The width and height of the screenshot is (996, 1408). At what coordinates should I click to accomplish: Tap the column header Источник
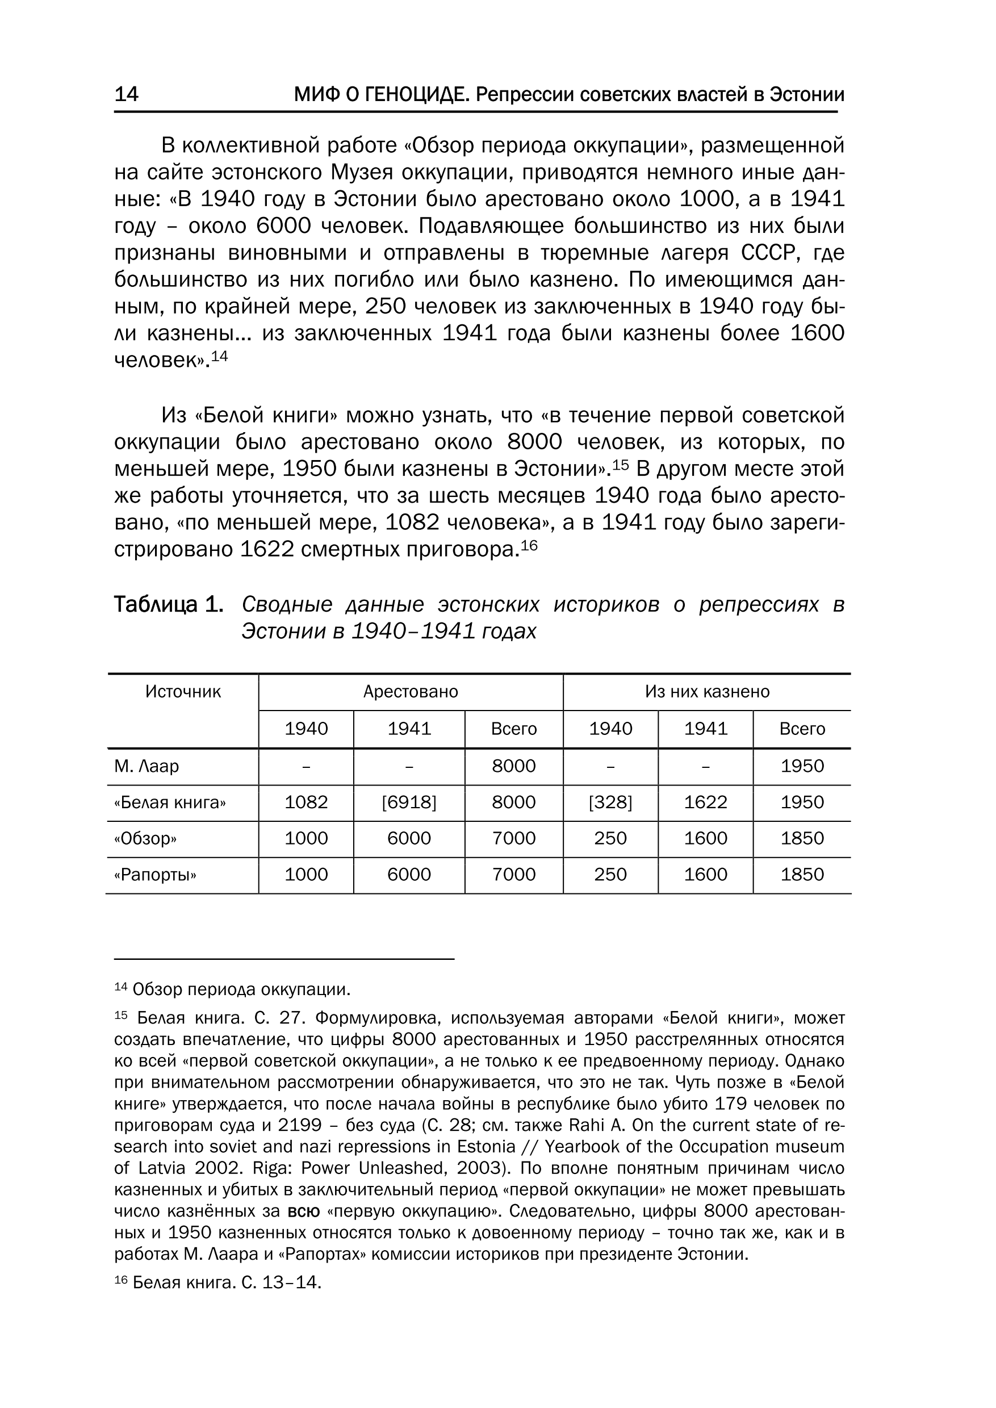point(183,692)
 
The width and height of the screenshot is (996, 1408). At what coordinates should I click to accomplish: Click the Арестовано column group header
point(411,692)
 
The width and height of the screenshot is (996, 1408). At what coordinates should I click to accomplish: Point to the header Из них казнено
point(706,692)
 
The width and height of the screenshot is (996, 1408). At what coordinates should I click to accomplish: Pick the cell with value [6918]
point(409,803)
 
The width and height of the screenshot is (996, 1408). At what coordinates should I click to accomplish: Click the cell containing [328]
point(610,803)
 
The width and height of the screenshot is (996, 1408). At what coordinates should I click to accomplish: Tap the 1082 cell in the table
point(306,803)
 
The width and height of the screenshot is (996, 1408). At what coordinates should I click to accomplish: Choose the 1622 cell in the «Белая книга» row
point(705,803)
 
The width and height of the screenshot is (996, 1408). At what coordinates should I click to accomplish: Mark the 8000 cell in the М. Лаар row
point(514,766)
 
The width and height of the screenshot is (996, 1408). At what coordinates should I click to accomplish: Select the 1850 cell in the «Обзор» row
point(802,839)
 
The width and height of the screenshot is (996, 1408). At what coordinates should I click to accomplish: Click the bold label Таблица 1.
point(169,605)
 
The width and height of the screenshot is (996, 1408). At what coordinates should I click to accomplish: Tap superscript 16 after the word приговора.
point(529,544)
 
